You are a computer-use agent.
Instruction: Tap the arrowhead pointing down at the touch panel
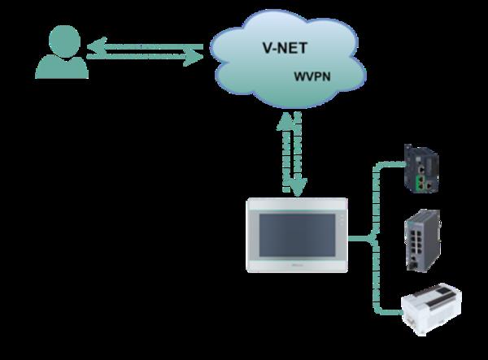pyautogui.click(x=299, y=191)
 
